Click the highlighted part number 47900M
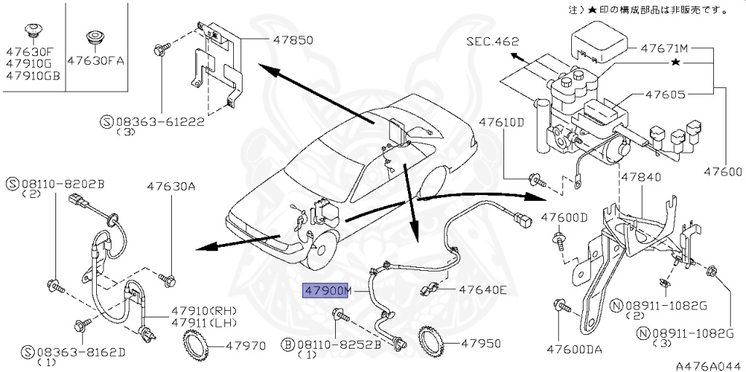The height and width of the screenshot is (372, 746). pos(328,290)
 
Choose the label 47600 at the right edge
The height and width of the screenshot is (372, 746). pos(723,173)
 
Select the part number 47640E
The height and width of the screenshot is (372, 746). pos(482,290)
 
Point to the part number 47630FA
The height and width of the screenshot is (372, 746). pos(95,61)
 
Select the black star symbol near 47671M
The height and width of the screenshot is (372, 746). pos(676,64)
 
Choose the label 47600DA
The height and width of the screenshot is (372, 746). pos(575,349)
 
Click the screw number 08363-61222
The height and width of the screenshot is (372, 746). pos(166,124)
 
